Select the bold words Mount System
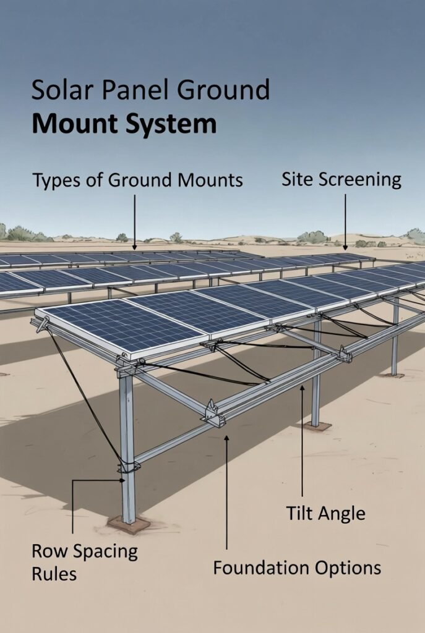coord(124,124)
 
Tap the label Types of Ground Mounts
coord(137,181)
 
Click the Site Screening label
coord(341,180)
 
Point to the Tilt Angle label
coord(325,513)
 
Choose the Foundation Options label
coord(297,567)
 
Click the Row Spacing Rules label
coord(85,562)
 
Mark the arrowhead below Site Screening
coord(345,246)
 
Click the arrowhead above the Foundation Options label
coord(227,438)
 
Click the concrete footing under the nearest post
coord(128,525)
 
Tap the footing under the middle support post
coord(317,427)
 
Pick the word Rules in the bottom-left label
coord(54,574)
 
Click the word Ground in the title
coord(223,91)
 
